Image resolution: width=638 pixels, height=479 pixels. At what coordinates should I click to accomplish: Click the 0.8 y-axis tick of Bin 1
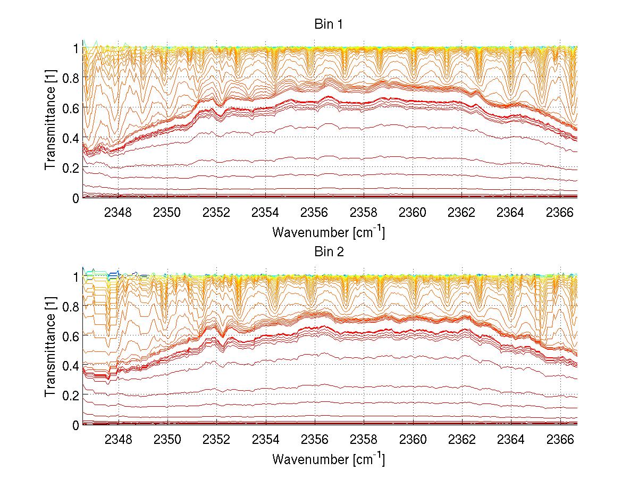click(71, 78)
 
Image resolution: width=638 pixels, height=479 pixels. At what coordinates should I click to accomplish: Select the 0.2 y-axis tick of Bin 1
click(71, 167)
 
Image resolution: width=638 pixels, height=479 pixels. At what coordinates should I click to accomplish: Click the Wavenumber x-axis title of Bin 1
click(328, 232)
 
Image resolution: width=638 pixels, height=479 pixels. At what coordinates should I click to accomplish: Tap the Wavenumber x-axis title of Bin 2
click(328, 459)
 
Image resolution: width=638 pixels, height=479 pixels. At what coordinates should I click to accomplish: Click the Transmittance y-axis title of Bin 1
click(51, 122)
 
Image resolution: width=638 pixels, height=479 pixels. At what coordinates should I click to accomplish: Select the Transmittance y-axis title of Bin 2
click(51, 349)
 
